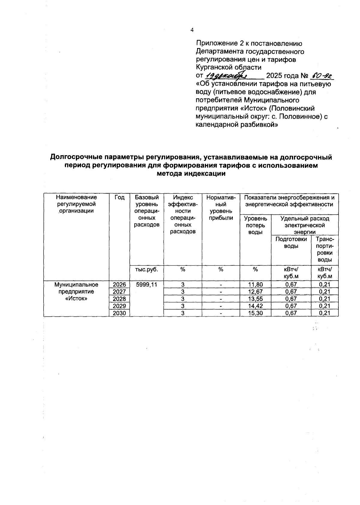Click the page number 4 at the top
tap(192, 30)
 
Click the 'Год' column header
tap(119, 197)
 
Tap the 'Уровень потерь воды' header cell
tap(256, 225)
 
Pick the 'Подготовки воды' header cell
tap(291, 243)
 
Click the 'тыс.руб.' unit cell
tap(146, 270)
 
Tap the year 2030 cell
tap(119, 313)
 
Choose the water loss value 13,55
tap(256, 299)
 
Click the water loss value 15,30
tap(256, 313)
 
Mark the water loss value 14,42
tap(256, 306)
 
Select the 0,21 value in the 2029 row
tap(325, 306)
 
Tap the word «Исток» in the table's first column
tap(76, 299)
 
